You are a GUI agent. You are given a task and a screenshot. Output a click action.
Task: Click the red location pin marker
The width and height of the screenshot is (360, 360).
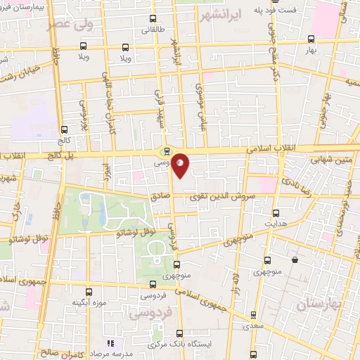pyautogui.click(x=181, y=165)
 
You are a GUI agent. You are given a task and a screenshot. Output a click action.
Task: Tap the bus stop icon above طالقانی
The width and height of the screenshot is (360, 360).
pyautogui.click(x=153, y=20)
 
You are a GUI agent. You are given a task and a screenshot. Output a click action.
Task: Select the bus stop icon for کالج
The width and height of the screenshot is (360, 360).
pyautogui.click(x=65, y=129)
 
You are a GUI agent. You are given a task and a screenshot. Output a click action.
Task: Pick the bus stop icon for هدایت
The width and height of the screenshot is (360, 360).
pyautogui.click(x=275, y=212)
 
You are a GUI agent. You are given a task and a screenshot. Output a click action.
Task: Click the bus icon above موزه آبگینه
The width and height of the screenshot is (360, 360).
pyautogui.click(x=89, y=291)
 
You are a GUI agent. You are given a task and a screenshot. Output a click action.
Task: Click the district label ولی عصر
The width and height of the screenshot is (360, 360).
pyautogui.click(x=70, y=24)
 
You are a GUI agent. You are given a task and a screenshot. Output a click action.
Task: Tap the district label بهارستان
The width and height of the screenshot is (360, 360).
pyautogui.click(x=319, y=305)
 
